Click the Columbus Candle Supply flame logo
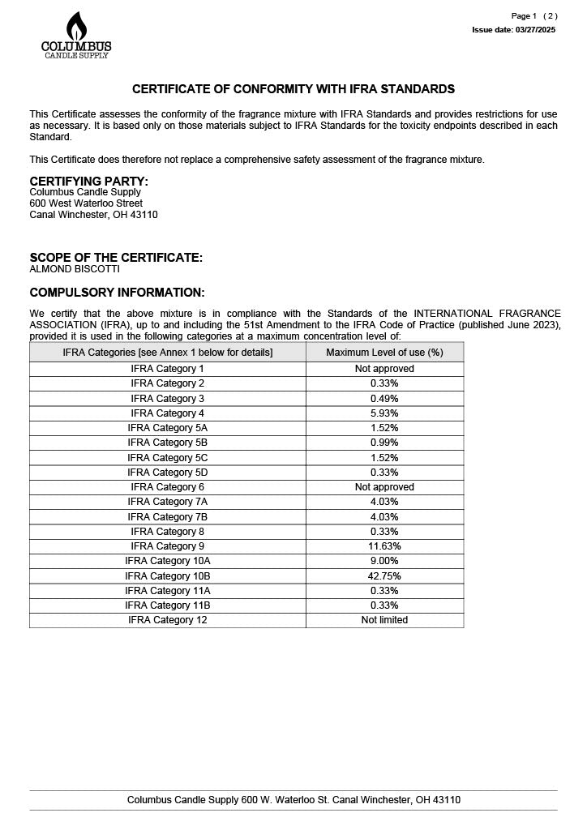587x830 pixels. (x=76, y=35)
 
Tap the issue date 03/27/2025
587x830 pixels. (x=513, y=30)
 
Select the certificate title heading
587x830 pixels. (x=293, y=89)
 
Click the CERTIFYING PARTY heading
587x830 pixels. (x=89, y=181)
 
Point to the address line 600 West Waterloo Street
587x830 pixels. (x=86, y=203)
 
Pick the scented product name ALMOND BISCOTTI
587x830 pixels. (x=75, y=269)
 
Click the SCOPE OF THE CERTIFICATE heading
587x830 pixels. (x=116, y=258)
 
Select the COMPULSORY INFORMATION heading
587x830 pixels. (x=117, y=293)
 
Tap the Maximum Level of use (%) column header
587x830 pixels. (x=384, y=353)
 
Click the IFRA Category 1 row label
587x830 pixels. (x=167, y=369)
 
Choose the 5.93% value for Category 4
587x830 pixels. (x=384, y=413)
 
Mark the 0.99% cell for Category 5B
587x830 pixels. (x=384, y=443)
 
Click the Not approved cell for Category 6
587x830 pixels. (x=384, y=487)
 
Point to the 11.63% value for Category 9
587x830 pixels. (x=384, y=546)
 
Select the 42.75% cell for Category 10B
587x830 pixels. (x=384, y=576)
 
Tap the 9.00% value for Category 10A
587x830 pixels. (x=384, y=561)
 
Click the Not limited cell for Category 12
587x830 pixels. (x=384, y=620)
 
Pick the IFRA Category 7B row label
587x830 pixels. (x=167, y=517)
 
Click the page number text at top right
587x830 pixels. (x=533, y=16)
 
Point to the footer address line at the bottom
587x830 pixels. (x=293, y=800)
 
